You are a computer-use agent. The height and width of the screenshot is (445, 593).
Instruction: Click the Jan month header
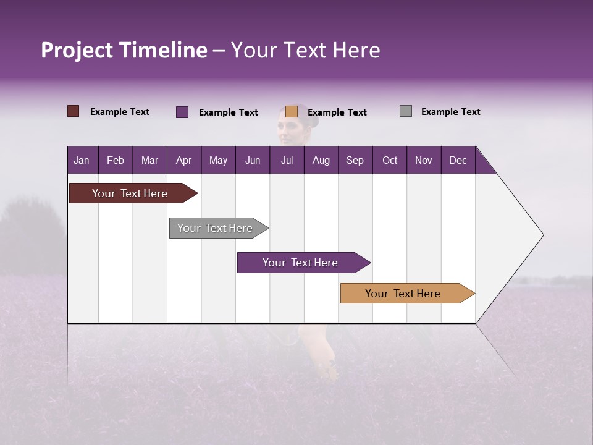point(82,160)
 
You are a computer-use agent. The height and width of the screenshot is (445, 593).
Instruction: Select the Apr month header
point(183,160)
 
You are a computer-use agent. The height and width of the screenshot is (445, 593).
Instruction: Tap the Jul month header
point(287,160)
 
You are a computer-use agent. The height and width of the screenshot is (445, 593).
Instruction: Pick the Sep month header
point(355,160)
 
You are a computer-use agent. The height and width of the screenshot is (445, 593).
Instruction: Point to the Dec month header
point(458,160)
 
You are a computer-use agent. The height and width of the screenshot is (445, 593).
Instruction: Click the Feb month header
point(116,160)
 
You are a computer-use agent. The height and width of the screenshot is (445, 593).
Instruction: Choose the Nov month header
point(423,160)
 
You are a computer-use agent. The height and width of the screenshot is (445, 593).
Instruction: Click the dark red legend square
point(73,111)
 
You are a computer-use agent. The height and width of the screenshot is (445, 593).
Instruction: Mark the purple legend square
point(182,112)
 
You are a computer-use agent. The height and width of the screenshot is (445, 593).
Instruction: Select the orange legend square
point(292,111)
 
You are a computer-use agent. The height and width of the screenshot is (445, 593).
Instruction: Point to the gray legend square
point(406,111)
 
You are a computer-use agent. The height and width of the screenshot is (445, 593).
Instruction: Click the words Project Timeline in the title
point(124,50)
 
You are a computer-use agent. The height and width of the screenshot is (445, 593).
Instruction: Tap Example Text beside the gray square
point(450,112)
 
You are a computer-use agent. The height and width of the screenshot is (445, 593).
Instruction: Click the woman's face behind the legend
point(289,130)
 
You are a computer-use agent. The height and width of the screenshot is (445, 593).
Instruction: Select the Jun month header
point(253,160)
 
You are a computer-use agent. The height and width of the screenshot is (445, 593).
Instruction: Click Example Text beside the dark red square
point(120,112)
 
